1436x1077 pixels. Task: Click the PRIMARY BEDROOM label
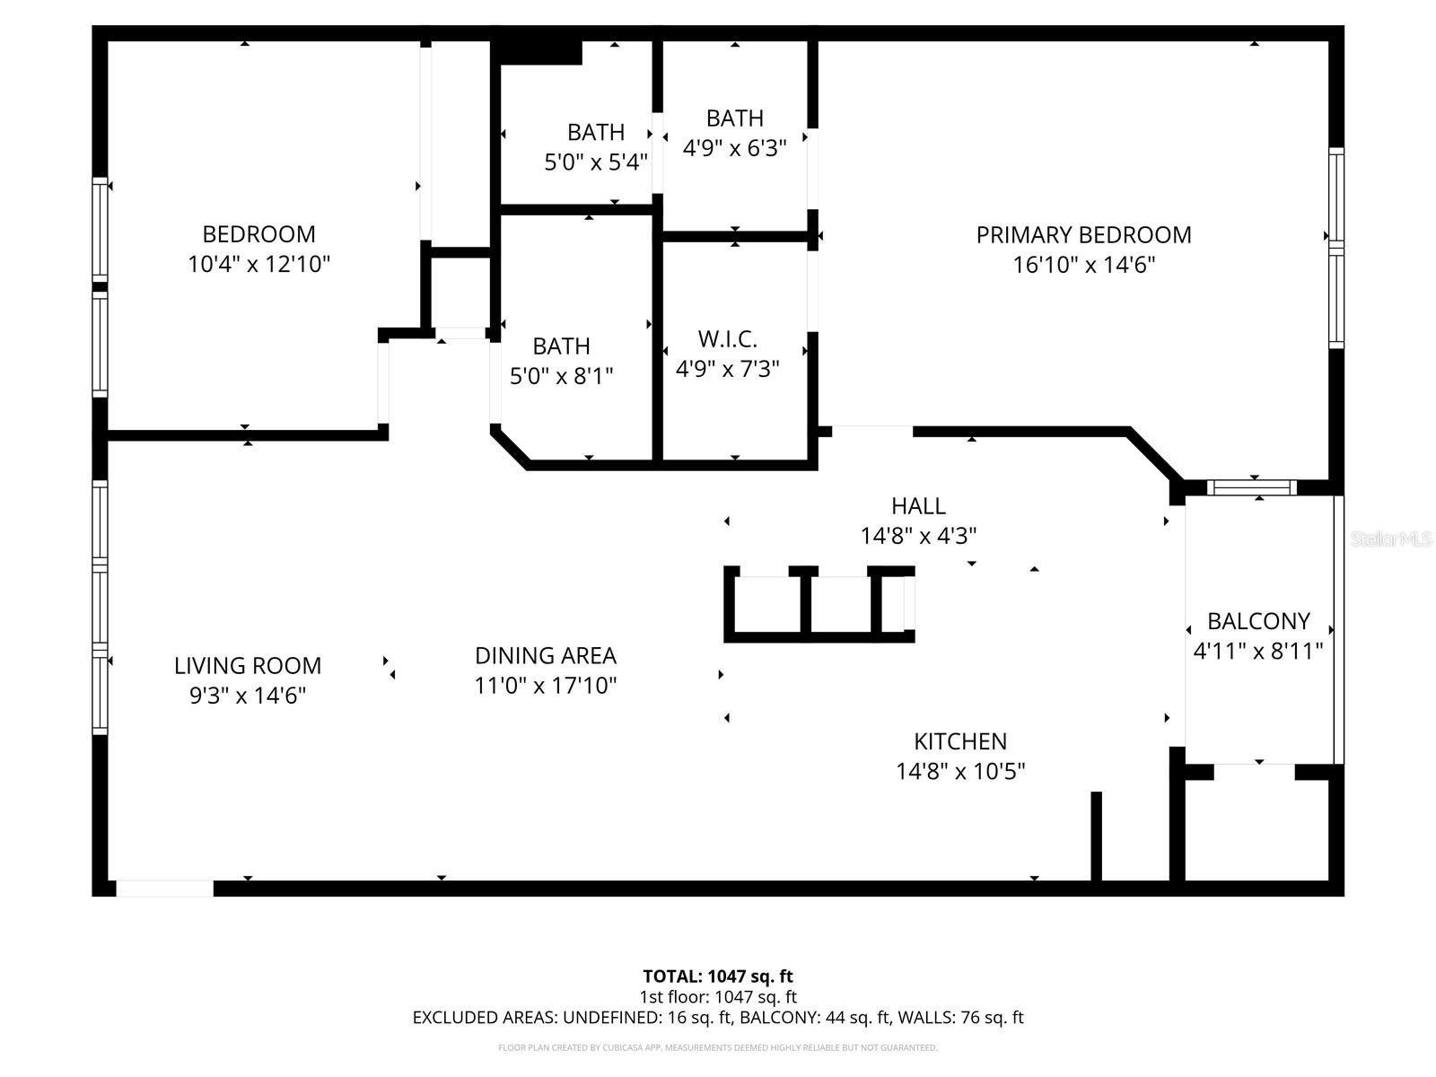pos(1083,235)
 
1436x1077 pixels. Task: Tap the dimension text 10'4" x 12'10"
pos(258,265)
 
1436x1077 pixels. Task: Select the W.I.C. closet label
pos(727,339)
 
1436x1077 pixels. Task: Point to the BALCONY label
pos(1258,621)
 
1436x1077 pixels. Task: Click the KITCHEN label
pos(960,741)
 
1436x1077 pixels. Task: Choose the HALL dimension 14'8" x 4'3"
pos(918,536)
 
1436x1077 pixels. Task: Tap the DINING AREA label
pos(545,656)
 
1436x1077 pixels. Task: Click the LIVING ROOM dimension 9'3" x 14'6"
pos(248,696)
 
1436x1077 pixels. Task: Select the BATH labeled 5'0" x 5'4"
pos(595,133)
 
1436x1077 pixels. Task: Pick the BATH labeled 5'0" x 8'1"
pos(561,346)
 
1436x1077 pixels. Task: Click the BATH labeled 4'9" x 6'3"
pos(734,118)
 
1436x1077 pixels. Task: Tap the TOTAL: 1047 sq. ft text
pos(717,976)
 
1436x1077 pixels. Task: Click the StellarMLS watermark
pos(1390,538)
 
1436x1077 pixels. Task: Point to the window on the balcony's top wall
pos(1251,487)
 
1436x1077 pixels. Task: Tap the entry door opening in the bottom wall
pos(165,889)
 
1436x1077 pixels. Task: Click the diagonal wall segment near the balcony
pos(1154,454)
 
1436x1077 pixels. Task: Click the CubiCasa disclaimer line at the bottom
pos(717,1047)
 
